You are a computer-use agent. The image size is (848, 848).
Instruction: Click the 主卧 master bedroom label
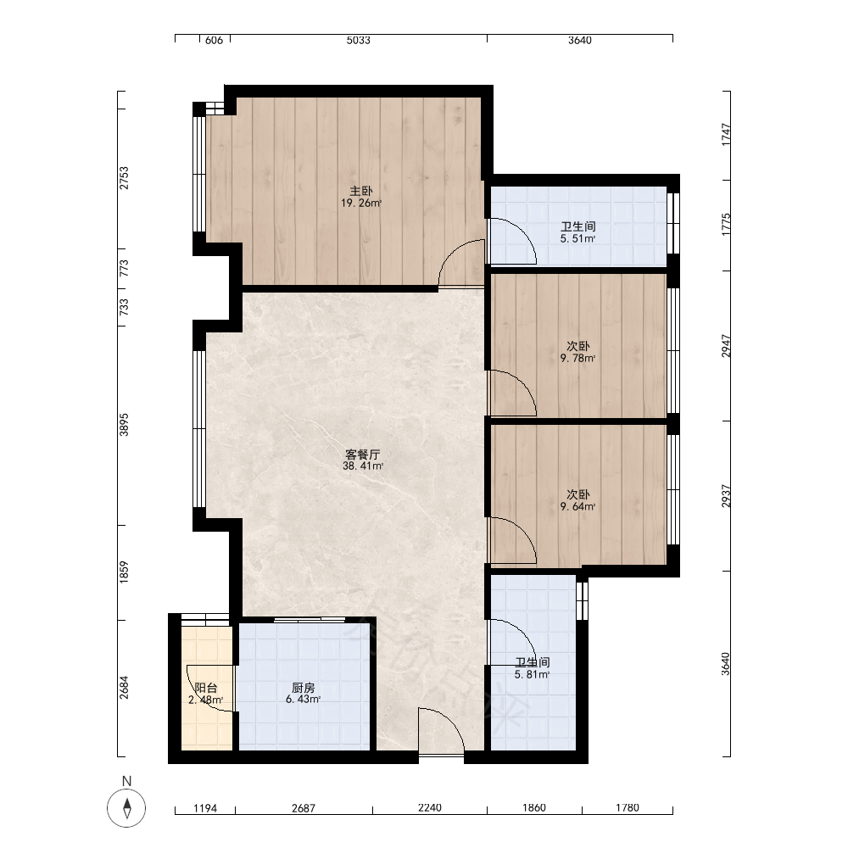(361, 191)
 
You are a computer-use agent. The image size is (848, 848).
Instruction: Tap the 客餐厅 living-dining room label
(362, 455)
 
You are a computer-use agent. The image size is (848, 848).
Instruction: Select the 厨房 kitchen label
(303, 688)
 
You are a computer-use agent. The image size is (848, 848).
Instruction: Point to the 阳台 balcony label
(206, 688)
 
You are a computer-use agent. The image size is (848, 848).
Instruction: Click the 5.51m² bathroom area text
(578, 238)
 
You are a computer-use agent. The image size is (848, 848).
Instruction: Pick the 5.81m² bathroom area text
(533, 674)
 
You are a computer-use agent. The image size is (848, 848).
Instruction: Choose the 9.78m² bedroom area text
(578, 358)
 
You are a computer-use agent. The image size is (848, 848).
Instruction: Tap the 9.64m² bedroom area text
(578, 507)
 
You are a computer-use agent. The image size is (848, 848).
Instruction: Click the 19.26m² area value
(361, 204)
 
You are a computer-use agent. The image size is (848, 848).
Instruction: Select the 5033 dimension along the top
(359, 40)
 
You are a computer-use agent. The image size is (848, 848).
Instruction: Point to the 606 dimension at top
(215, 40)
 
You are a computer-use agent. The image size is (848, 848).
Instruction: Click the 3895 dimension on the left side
(125, 425)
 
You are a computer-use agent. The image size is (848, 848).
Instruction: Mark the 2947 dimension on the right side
(726, 346)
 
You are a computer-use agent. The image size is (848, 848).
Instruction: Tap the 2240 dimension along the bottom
(430, 807)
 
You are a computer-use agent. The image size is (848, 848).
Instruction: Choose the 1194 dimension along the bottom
(205, 808)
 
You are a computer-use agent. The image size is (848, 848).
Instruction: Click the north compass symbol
(126, 808)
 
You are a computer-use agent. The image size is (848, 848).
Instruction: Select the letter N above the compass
(126, 781)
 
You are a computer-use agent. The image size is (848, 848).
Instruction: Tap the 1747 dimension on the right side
(726, 135)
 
